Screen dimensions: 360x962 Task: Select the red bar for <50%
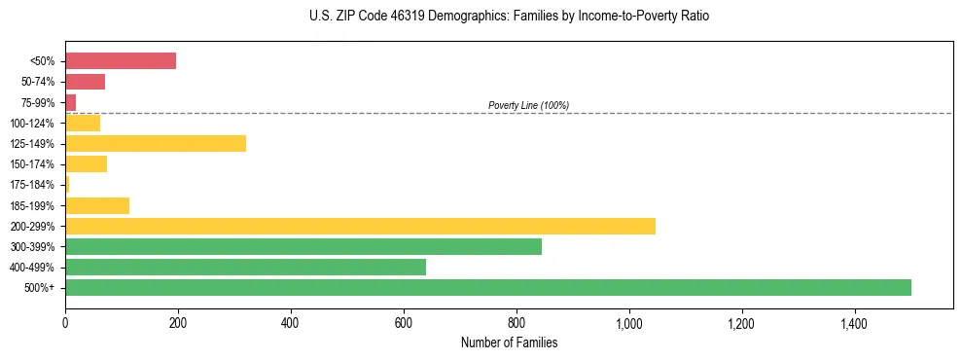click(x=121, y=61)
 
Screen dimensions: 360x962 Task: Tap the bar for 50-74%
click(x=85, y=82)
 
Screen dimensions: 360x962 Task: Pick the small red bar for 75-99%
click(x=71, y=102)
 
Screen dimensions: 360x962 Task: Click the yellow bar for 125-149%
click(x=156, y=143)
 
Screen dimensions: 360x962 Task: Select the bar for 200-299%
click(x=360, y=226)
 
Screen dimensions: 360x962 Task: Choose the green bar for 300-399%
click(x=303, y=246)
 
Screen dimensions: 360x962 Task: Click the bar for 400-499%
click(x=245, y=267)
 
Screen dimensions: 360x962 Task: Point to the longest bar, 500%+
click(x=488, y=287)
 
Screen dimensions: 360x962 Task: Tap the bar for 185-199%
click(x=97, y=205)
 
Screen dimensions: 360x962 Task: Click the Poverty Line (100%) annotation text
click(x=528, y=105)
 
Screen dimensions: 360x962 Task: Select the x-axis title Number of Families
click(x=509, y=342)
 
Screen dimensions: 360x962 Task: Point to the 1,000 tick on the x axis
click(x=629, y=322)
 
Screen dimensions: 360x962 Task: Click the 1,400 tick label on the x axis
click(x=855, y=322)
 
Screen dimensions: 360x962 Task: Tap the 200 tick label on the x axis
click(x=178, y=322)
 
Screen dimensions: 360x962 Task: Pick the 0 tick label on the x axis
click(x=65, y=322)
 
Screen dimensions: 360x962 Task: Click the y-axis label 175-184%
click(x=32, y=185)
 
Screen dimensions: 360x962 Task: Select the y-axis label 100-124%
click(x=32, y=124)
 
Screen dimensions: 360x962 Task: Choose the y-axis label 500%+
click(x=40, y=288)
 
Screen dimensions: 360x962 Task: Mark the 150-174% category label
click(x=32, y=164)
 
